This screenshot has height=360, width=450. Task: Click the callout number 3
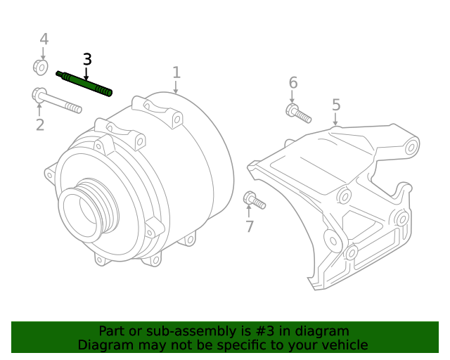[87, 59]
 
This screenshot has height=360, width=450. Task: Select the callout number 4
[44, 39]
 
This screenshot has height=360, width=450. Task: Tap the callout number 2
[40, 125]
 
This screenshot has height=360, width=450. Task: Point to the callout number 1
[176, 72]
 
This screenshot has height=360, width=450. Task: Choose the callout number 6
[293, 83]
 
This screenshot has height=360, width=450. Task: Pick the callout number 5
[336, 105]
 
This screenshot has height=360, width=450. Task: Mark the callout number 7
[249, 226]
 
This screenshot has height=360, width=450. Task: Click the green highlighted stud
[84, 82]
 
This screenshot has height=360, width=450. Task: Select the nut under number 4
[41, 67]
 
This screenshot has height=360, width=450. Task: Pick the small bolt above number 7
[254, 201]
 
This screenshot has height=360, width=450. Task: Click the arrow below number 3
[87, 73]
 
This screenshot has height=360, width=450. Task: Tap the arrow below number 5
[336, 119]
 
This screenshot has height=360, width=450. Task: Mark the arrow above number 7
[249, 212]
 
